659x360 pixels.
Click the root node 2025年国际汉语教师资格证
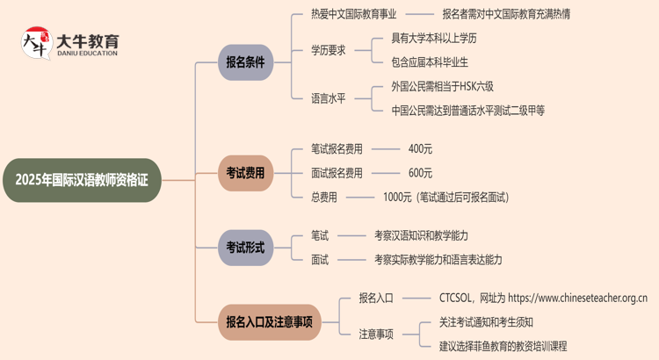click(83, 180)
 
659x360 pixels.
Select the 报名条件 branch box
click(245, 62)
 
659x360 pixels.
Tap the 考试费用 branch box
click(245, 173)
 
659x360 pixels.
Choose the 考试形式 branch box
click(245, 248)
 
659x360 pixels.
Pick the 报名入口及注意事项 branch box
click(269, 321)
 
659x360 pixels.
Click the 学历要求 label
click(329, 50)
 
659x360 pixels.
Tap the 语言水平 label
click(329, 98)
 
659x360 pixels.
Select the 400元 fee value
click(420, 149)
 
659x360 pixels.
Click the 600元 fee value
click(420, 173)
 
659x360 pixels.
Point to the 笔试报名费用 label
click(337, 149)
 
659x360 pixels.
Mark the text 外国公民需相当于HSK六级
click(443, 86)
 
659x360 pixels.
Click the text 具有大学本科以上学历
click(434, 39)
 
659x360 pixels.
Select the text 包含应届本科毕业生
click(430, 62)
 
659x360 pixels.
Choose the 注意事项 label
click(376, 334)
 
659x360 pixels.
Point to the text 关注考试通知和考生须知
click(486, 321)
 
